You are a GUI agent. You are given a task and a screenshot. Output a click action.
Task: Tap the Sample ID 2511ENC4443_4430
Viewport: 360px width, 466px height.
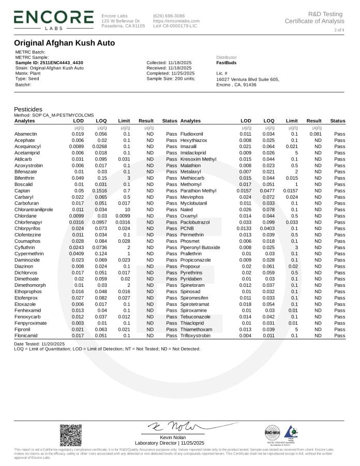(x=49, y=63)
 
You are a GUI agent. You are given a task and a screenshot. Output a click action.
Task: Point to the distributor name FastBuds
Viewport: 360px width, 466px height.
(x=227, y=63)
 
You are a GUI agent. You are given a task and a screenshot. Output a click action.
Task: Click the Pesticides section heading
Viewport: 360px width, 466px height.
(x=28, y=109)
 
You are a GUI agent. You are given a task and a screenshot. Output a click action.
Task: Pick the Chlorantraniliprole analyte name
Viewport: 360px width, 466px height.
(x=34, y=210)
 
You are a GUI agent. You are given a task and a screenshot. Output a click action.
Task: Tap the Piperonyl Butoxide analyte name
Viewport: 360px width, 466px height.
(x=200, y=247)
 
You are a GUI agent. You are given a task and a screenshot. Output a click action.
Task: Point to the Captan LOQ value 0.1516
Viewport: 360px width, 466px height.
(x=101, y=191)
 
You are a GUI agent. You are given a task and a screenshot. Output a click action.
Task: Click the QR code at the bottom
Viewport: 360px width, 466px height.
(x=70, y=435)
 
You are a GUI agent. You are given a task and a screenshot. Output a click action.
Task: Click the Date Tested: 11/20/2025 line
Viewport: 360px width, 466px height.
(x=39, y=344)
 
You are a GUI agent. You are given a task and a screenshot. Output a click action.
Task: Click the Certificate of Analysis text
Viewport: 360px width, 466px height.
(x=314, y=21)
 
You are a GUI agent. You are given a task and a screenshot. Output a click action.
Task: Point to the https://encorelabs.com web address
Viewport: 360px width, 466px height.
(x=176, y=21)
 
